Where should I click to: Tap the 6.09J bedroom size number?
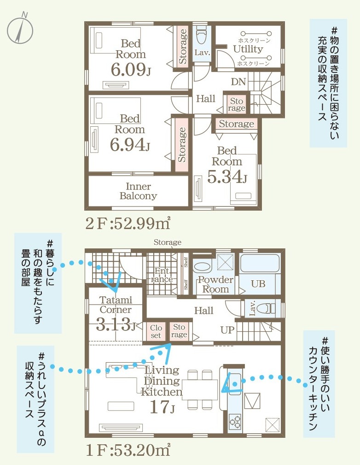131,70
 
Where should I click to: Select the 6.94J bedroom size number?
130,145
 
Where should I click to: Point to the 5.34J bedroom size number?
226,177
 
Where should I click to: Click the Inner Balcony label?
139,191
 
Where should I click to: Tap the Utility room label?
248,49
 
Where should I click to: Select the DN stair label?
238,82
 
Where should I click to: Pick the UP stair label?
227,330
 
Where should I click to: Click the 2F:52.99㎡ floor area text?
128,224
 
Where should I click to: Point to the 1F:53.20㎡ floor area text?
128,450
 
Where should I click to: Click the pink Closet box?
156,331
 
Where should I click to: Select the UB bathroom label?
258,284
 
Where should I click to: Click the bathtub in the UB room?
260,263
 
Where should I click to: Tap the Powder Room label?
216,284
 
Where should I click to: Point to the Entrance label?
162,275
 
